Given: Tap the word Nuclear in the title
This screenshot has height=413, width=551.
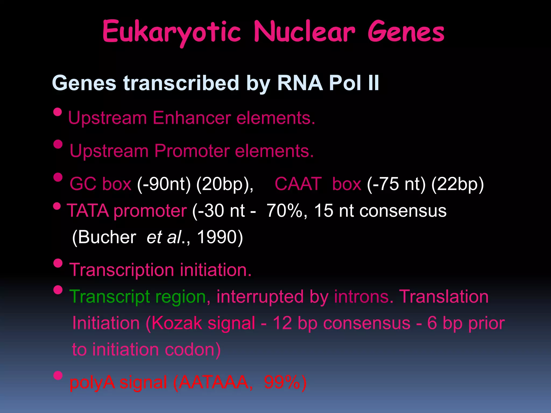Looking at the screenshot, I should click(305, 32).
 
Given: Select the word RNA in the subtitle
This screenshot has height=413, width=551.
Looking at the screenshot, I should click(300, 83).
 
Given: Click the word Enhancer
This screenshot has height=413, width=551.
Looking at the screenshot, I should click(192, 118).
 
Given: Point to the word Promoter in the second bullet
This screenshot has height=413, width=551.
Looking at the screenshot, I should click(192, 151).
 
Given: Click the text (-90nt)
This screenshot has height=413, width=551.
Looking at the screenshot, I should click(164, 184).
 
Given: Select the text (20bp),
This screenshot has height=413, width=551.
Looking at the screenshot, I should click(225, 184).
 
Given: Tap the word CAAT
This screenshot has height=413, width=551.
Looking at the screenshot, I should click(298, 184).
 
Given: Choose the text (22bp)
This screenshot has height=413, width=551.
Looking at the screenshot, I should click(457, 184).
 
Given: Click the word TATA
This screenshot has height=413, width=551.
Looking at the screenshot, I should click(88, 211).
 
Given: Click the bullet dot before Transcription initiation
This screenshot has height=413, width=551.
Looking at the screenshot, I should click(58, 263).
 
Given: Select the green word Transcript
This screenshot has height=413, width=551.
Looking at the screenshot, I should click(110, 297).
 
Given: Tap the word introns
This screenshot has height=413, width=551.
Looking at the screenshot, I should click(364, 297).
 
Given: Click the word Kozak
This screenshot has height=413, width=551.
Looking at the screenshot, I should click(177, 323).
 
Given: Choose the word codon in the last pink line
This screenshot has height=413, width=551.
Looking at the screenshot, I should click(192, 350).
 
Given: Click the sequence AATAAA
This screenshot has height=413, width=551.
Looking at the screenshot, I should click(214, 382).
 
